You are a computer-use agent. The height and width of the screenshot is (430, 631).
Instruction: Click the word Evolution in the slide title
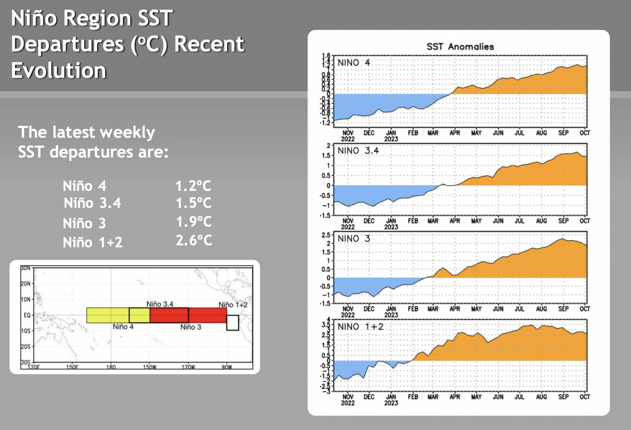(59, 71)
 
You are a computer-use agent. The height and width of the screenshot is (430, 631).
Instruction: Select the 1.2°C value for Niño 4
(193, 186)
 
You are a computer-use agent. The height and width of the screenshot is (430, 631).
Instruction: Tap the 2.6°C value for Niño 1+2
(194, 241)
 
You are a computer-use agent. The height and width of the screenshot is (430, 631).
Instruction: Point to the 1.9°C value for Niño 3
(194, 222)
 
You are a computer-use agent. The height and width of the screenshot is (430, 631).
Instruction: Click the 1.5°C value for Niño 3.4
(194, 203)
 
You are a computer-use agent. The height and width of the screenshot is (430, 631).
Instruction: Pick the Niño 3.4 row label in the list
(92, 203)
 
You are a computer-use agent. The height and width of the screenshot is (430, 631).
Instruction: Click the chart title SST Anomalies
(460, 47)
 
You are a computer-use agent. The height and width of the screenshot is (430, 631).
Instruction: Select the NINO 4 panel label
(353, 63)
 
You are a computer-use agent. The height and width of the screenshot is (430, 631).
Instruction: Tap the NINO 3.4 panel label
(358, 151)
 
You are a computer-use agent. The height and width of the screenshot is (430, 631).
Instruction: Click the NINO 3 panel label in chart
(353, 239)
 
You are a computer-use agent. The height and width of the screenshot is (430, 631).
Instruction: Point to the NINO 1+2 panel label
(360, 327)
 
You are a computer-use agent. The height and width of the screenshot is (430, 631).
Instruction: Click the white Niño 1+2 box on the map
(233, 323)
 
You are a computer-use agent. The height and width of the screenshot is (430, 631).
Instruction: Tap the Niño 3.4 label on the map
(160, 304)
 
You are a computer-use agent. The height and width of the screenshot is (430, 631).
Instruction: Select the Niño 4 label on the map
(123, 327)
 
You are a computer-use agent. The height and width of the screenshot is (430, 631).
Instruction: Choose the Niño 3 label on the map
(190, 327)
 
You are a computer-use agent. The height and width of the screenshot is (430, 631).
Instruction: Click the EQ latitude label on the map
(27, 315)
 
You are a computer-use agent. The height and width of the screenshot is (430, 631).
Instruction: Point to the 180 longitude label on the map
(111, 367)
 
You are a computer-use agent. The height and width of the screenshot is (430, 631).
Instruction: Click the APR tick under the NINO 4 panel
(455, 133)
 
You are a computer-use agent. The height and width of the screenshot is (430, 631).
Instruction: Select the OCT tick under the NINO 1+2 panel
(585, 397)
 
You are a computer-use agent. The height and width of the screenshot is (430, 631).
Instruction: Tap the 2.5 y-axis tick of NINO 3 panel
(326, 235)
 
